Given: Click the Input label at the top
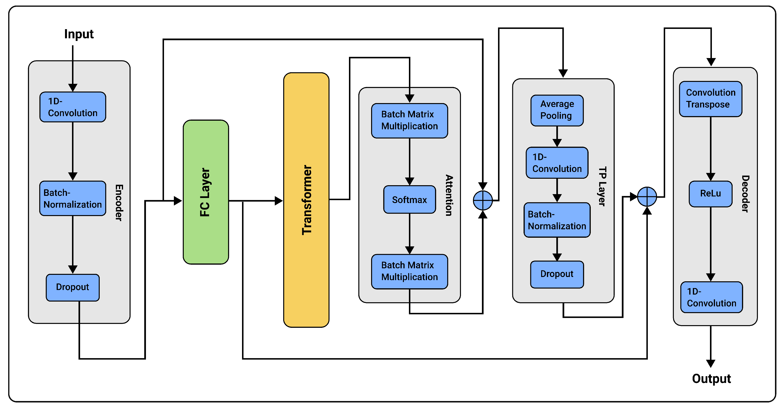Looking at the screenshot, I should point(79,34).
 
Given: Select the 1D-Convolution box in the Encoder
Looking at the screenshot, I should point(73,107).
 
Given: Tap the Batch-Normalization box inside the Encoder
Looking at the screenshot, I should point(73,198).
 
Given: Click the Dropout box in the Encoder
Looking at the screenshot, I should point(73,287).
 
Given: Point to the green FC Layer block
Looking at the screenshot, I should point(206,192).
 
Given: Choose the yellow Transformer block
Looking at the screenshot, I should point(306,200).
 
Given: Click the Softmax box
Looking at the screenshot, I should point(409,200).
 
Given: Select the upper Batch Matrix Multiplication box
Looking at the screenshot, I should point(409,120).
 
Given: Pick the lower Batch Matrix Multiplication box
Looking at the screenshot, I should point(409,271).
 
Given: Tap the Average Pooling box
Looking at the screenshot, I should point(557,110).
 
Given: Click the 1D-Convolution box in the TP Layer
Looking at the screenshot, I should point(557,163).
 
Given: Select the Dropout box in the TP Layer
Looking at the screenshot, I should point(557,274).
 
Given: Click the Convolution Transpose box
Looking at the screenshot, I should point(711,99).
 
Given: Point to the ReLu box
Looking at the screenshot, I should point(710,194).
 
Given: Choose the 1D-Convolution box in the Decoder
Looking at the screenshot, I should point(711,297).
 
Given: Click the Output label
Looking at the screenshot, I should point(711,379).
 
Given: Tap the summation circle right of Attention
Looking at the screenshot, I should point(483,200).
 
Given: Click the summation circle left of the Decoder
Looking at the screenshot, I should point(647,197).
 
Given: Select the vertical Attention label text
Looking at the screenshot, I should point(449,195).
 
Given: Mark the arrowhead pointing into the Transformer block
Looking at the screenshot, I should point(279,201).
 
